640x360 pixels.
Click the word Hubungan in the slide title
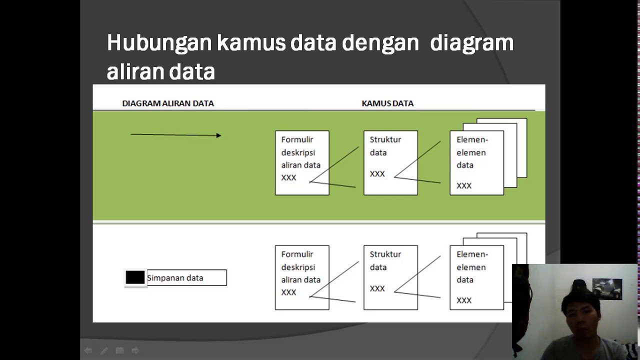coord(159,43)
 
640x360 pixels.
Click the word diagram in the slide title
coord(471,43)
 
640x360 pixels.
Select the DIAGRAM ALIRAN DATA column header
coord(168,103)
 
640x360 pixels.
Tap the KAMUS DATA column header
coord(387,103)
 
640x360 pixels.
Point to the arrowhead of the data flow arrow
coord(218,135)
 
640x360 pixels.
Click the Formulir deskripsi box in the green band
coord(302,162)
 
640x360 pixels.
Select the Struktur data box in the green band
coord(390,162)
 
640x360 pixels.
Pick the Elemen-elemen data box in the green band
coord(476,162)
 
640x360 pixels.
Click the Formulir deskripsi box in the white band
coord(302,277)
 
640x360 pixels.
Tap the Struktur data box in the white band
coord(390,277)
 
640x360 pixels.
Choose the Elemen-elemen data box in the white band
coord(476,277)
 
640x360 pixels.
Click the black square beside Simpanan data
coord(135,277)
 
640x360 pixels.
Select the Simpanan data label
coord(175,278)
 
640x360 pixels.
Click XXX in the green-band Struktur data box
coord(377,174)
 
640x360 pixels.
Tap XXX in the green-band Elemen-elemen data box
coord(464,185)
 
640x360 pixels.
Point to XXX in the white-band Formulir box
coord(288,292)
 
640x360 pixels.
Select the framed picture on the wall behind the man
coord(607,288)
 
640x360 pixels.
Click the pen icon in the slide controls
coord(104,351)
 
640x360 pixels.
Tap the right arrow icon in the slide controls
coord(135,351)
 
